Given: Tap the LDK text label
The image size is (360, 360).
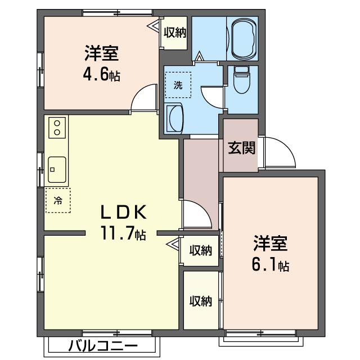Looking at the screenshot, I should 124,212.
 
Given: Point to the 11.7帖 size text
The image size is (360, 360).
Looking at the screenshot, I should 124,233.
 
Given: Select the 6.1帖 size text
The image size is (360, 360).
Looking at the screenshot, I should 271,265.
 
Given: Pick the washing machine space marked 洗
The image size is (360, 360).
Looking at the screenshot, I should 178,85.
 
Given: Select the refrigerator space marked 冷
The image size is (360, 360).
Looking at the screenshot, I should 58,200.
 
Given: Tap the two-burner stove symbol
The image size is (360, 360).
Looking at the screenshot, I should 57,128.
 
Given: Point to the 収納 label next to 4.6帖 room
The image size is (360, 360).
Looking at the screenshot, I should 175,33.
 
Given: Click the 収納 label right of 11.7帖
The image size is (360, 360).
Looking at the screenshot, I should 200,250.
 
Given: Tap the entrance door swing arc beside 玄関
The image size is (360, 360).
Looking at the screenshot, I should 280,152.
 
